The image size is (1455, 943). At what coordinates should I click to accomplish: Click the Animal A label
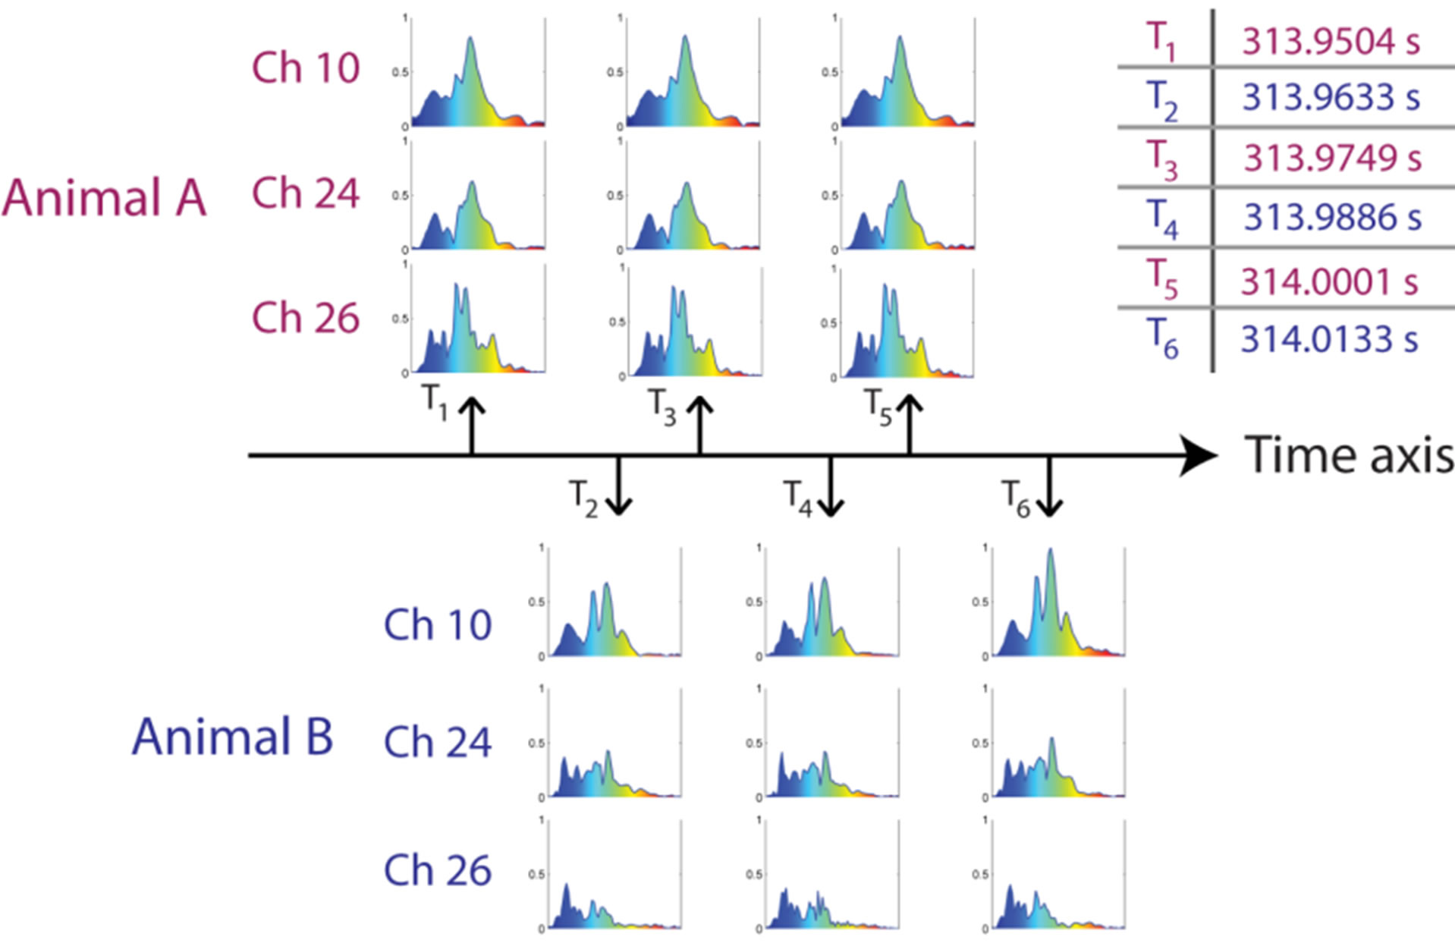point(104,198)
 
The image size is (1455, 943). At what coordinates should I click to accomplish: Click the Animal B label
point(232,737)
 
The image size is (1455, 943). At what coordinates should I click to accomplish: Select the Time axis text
point(1349,455)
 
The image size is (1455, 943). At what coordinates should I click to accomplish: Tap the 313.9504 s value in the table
point(1331,41)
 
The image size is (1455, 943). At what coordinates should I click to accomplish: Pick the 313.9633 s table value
point(1331,97)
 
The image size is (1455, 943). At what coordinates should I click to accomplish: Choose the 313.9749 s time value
point(1331,158)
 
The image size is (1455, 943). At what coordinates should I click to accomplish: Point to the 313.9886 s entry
point(1331,218)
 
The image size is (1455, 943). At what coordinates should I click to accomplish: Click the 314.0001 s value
point(1329,281)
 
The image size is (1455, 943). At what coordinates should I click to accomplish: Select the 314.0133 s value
point(1329,339)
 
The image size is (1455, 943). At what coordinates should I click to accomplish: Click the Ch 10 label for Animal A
point(305,68)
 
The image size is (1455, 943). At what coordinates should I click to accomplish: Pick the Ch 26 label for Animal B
point(438,870)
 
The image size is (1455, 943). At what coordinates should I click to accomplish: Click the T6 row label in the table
point(1161,338)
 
